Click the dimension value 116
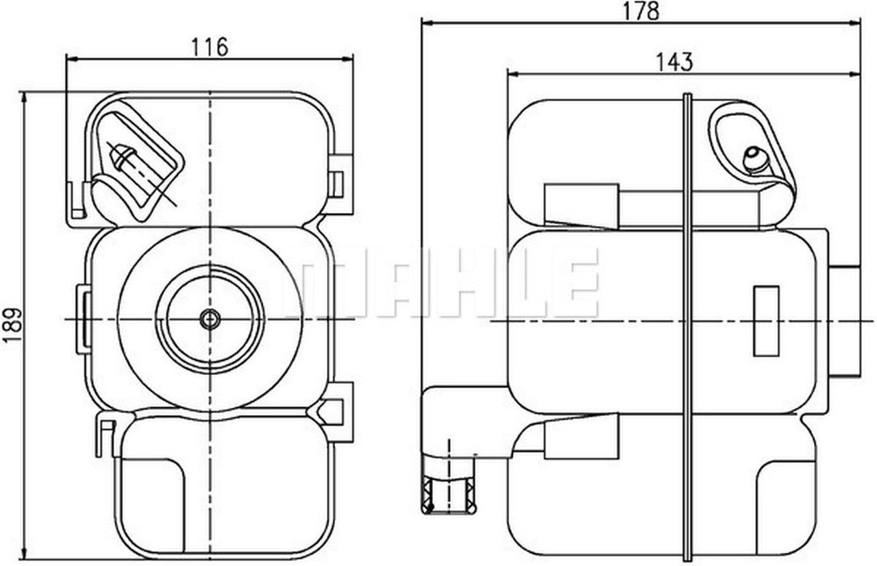(209, 47)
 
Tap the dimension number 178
(640, 10)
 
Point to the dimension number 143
(674, 62)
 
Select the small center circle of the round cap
(210, 319)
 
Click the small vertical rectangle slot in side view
(766, 321)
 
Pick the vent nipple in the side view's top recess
(755, 160)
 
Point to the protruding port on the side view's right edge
(847, 320)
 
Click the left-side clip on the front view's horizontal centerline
(83, 319)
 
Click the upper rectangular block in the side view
(581, 205)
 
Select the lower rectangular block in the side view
(581, 436)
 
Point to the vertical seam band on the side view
(688, 322)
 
